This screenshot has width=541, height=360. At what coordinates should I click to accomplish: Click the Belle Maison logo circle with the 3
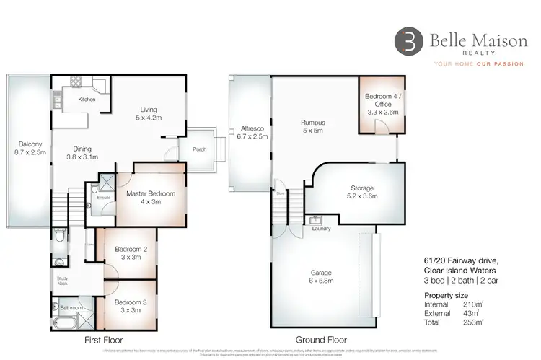click(x=407, y=42)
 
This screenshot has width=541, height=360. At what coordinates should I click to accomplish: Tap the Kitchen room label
click(x=87, y=100)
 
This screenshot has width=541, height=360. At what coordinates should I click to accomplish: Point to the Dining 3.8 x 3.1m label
click(x=82, y=151)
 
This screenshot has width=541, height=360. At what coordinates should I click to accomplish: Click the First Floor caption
click(x=103, y=340)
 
